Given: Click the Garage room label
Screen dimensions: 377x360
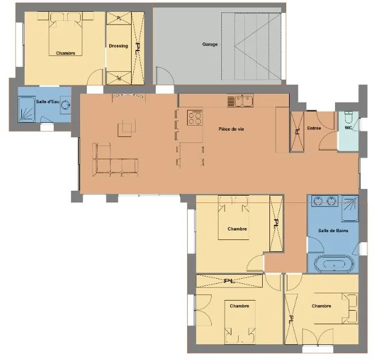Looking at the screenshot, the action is coord(210,44).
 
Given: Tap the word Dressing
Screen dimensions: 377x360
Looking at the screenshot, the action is coord(118,46).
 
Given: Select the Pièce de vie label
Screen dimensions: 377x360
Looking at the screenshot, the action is coord(231,129).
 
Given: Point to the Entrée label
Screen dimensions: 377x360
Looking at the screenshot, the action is coord(314,128).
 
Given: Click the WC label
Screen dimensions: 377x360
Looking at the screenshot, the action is coord(348,128).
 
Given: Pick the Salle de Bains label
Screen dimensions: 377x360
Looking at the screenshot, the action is coord(333,230).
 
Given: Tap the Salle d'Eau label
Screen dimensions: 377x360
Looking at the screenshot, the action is coord(48,102).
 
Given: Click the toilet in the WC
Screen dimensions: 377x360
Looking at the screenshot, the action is coord(348,117).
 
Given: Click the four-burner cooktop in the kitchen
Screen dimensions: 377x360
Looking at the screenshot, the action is coord(195,117).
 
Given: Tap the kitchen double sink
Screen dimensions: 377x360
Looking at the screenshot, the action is coord(240,101).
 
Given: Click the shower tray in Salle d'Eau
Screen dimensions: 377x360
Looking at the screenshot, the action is coord(27,109).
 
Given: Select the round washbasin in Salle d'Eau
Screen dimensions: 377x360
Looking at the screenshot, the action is coord(65,105).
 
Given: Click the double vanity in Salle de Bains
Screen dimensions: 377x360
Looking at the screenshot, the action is coord(324,201).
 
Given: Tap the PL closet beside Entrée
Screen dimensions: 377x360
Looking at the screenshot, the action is coord(297,132).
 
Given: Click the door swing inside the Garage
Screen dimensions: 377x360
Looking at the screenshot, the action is coord(165,76).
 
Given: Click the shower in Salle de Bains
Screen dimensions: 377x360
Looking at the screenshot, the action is coord(350,209).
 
